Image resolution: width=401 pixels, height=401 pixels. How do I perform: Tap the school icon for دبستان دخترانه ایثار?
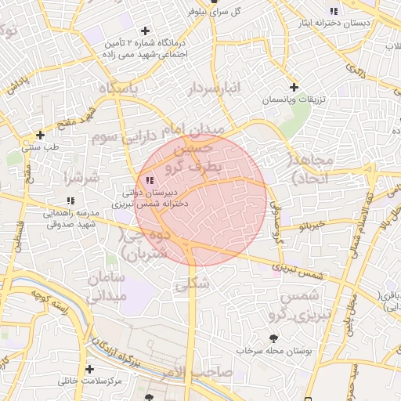click(x=334, y=11)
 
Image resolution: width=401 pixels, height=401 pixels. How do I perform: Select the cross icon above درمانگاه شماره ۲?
click(x=145, y=31)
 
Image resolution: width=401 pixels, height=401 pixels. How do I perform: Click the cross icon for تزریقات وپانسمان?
click(x=294, y=87)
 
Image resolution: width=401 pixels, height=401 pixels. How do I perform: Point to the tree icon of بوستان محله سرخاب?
click(x=273, y=338)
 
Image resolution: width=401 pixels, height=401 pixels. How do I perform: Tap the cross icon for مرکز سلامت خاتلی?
click(x=90, y=369)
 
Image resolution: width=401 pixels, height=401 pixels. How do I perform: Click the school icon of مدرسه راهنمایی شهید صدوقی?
click(x=71, y=200)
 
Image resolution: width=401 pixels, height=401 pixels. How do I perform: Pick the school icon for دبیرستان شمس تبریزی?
click(x=150, y=181)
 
